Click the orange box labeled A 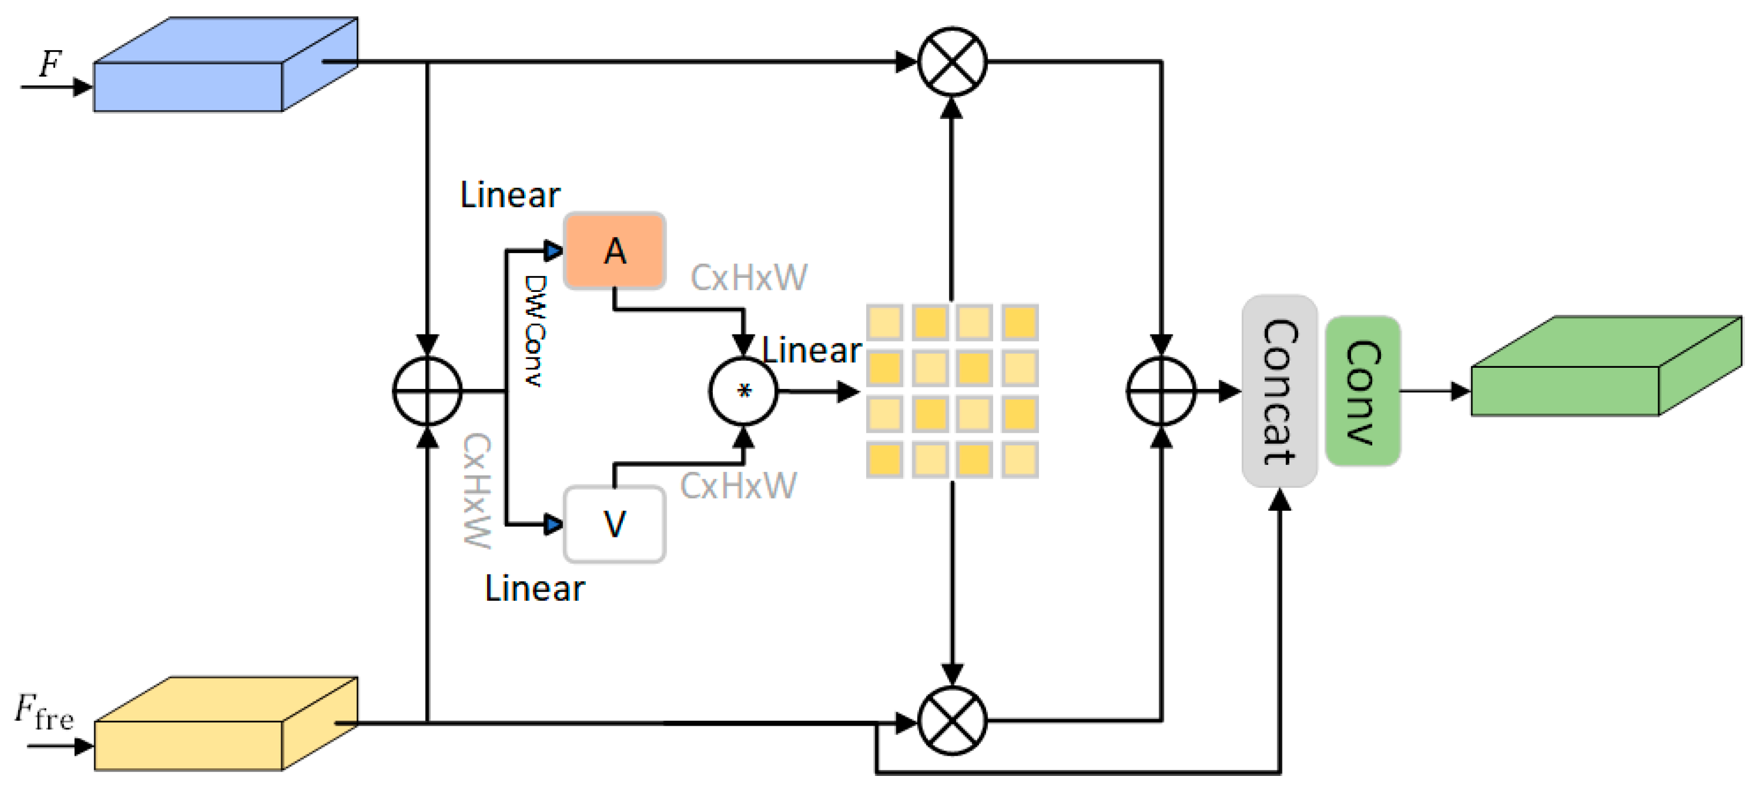click(614, 251)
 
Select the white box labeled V click(614, 524)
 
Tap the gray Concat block click(1279, 391)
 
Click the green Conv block click(1362, 391)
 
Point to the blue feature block click(205, 75)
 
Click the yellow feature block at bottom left click(205, 735)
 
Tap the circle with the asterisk click(743, 392)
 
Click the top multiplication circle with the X click(952, 62)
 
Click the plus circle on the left click(427, 392)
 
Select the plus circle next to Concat click(1161, 392)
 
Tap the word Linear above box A click(510, 195)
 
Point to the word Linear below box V click(534, 589)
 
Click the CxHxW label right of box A click(749, 278)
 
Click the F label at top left click(50, 64)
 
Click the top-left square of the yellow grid click(885, 322)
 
